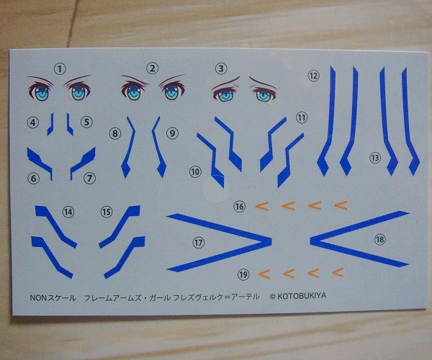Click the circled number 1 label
tap(60, 68)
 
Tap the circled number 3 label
tap(221, 68)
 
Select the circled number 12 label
tap(313, 76)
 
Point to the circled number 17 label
tap(199, 243)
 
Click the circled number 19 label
tap(243, 274)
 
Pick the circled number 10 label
tap(195, 172)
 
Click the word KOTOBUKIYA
tap(302, 296)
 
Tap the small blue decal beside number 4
tap(50, 125)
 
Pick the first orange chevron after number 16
tap(262, 206)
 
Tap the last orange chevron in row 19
tap(338, 272)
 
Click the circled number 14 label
tap(68, 212)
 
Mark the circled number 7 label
tap(89, 179)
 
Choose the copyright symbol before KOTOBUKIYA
tap(272, 297)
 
